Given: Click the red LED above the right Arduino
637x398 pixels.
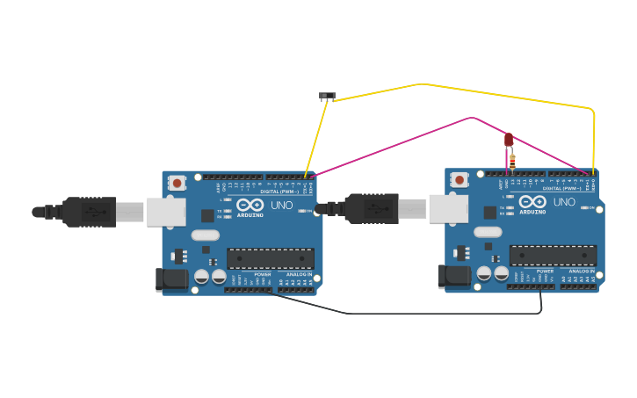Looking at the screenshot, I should click(509, 139).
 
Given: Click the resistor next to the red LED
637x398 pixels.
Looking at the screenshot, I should click(513, 160).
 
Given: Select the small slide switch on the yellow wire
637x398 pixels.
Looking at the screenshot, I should click(327, 95).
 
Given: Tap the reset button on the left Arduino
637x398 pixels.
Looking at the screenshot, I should click(177, 183).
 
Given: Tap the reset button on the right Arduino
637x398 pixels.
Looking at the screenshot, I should click(460, 180).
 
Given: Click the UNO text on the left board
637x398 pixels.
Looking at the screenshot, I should click(281, 205).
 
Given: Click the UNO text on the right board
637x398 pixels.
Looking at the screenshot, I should click(564, 202).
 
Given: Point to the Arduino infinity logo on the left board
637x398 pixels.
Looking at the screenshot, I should click(250, 205).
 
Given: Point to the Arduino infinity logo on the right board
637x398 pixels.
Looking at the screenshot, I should click(532, 202).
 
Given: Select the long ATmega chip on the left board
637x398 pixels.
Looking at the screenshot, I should click(270, 258).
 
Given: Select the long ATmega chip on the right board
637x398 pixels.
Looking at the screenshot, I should click(553, 256).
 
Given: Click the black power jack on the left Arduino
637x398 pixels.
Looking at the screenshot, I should click(171, 279).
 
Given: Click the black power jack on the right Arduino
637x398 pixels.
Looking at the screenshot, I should click(454, 277).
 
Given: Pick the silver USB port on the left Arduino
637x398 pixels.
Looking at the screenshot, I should click(166, 212).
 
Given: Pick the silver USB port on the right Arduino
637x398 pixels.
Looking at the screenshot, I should click(448, 209).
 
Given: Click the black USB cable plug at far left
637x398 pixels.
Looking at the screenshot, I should click(88, 212).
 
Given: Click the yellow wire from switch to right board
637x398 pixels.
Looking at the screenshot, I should click(510, 95).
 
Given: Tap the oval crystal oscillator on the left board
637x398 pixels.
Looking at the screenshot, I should click(205, 235).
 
